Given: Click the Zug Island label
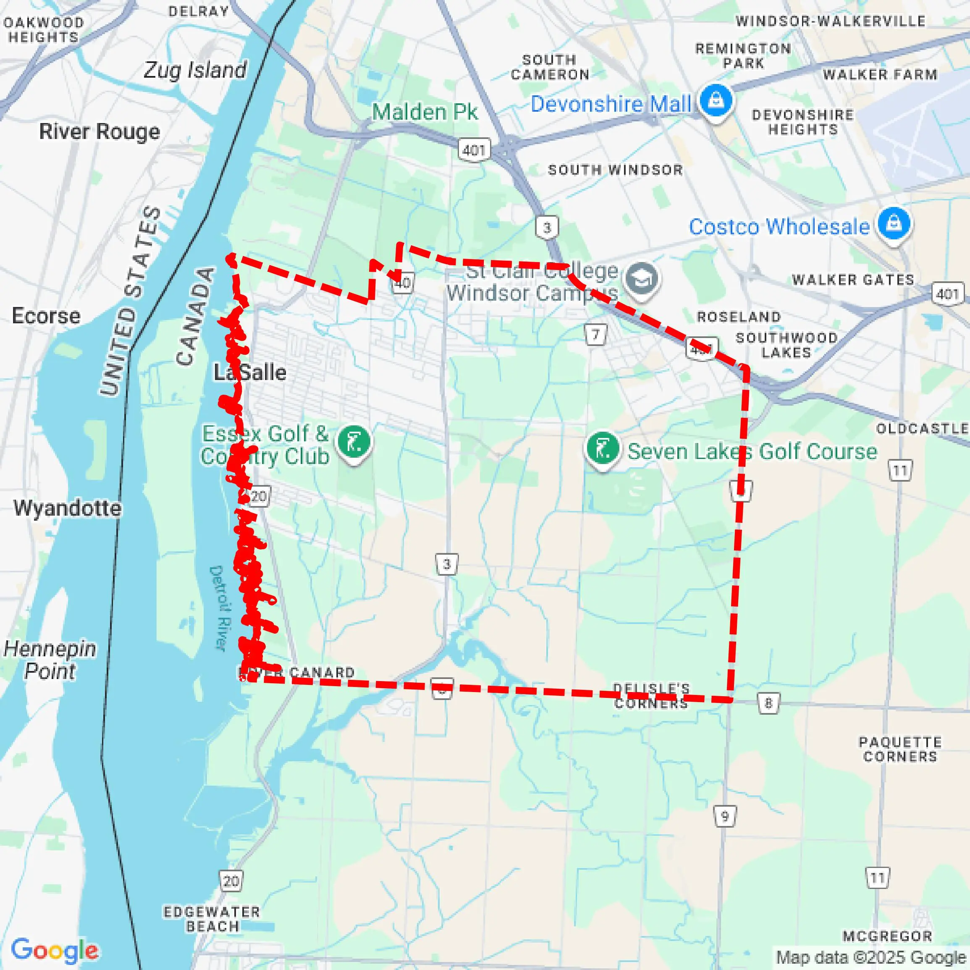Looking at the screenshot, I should tap(195, 70).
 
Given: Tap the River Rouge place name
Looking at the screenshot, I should tap(100, 131).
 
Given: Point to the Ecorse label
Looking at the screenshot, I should tap(46, 316).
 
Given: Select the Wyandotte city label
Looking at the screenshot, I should tap(67, 508).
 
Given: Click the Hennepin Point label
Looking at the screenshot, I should tap(50, 660).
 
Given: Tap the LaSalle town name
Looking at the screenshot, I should tap(250, 372).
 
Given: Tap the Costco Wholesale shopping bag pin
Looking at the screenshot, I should tap(894, 223).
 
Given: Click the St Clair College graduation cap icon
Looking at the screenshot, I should tap(642, 279).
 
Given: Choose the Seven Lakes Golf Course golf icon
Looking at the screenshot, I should tap(603, 448).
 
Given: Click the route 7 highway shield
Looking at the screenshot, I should tap(596, 334).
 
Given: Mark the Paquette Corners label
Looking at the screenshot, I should tap(900, 749).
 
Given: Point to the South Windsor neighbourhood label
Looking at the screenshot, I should tap(615, 170).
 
